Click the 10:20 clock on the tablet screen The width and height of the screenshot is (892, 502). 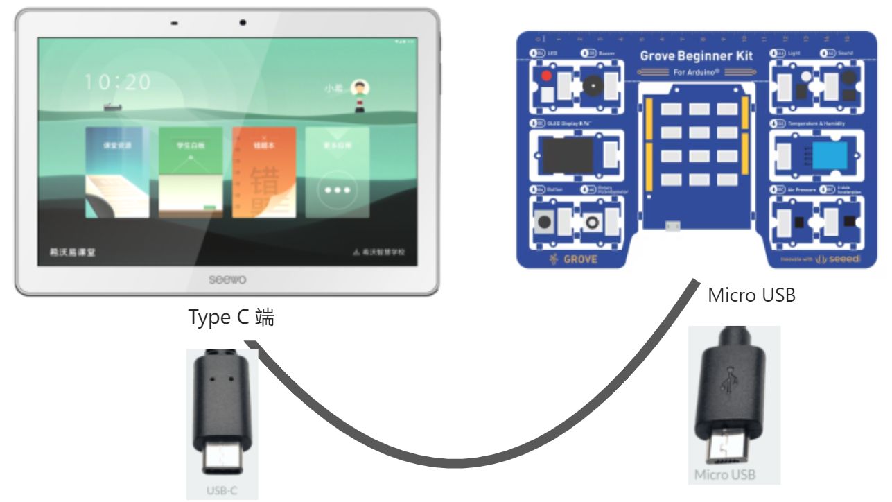click(117, 82)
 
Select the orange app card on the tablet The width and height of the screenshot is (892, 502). click(264, 172)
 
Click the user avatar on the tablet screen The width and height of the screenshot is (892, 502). click(360, 88)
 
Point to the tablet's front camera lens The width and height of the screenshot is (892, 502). click(243, 23)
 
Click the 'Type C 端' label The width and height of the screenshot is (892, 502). click(231, 318)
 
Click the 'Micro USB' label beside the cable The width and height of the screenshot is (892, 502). click(751, 295)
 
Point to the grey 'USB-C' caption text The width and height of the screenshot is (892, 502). click(222, 491)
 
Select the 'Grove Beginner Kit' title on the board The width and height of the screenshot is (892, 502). click(696, 56)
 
